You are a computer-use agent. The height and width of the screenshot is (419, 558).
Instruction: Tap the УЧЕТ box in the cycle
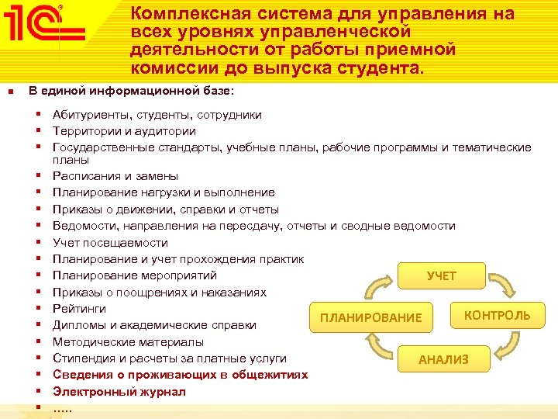(442, 276)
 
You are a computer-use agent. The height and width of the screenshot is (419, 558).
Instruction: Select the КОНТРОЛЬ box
(497, 315)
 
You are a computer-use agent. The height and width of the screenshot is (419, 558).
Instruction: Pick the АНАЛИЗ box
(443, 359)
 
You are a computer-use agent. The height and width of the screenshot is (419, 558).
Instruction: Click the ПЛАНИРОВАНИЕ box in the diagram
(371, 317)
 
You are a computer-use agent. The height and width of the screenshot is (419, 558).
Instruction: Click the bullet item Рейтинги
(79, 309)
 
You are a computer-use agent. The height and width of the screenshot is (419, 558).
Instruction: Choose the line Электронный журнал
(119, 392)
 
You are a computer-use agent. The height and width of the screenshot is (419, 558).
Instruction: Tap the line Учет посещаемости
(110, 242)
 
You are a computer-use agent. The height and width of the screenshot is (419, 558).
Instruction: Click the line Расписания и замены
(115, 176)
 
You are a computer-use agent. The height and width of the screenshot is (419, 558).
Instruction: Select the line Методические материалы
(128, 341)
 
